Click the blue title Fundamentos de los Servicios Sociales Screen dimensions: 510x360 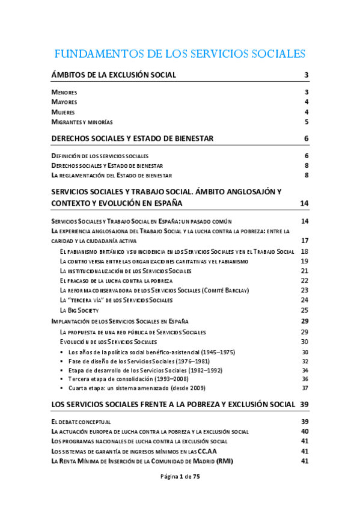click(x=180, y=54)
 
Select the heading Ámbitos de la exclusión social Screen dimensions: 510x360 click(x=114, y=75)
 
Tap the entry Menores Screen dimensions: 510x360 click(x=64, y=93)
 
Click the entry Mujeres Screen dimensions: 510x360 click(x=64, y=112)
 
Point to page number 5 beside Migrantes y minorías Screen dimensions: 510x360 click(x=306, y=122)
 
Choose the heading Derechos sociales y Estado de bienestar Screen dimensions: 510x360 click(x=133, y=139)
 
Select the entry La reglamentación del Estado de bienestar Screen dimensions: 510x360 click(x=112, y=176)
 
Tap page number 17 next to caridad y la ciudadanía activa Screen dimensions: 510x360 click(x=305, y=241)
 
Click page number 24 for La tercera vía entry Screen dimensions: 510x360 click(x=304, y=300)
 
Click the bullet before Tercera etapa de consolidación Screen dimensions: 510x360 click(x=63, y=379)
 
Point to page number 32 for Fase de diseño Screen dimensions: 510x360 click(x=305, y=361)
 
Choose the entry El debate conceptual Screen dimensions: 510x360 click(x=81, y=422)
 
